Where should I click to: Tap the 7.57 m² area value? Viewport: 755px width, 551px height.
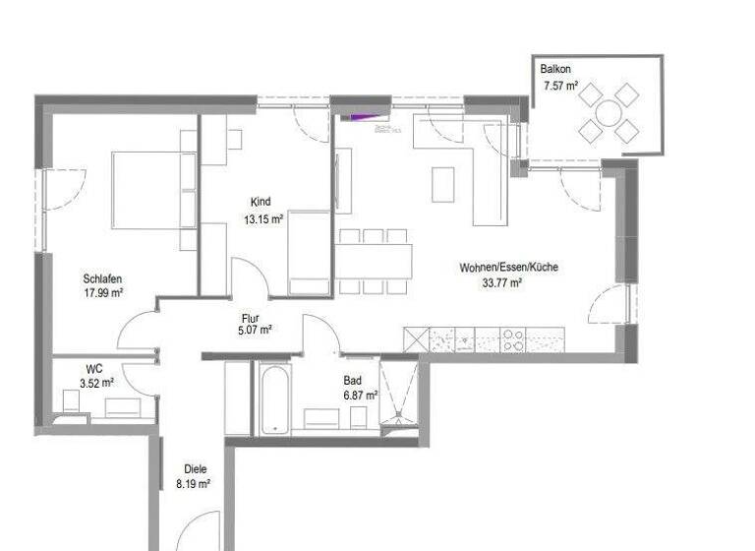point(560,87)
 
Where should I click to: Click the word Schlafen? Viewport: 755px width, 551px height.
point(102,278)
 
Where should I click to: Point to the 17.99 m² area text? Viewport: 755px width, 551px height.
point(103,293)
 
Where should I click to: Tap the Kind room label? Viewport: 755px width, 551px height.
point(261,202)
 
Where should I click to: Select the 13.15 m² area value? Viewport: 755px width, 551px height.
point(263,219)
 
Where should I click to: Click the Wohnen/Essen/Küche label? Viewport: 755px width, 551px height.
point(508,268)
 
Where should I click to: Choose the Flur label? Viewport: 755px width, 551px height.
point(250,318)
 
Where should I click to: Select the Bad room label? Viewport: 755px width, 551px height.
point(352,380)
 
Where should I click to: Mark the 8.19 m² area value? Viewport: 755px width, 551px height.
point(194,484)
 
